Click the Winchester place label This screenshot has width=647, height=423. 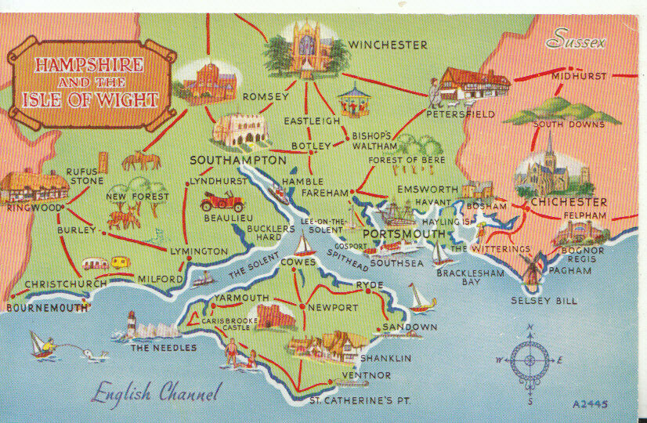click(389, 45)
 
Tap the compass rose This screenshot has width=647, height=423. click(530, 361)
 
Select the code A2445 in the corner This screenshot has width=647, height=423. click(591, 404)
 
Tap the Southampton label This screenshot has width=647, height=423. click(237, 160)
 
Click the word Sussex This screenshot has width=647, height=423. click(577, 39)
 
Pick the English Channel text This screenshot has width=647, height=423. click(156, 392)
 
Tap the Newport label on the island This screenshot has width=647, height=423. click(332, 307)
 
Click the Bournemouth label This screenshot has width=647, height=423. click(47, 308)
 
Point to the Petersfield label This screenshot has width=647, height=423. click(461, 114)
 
